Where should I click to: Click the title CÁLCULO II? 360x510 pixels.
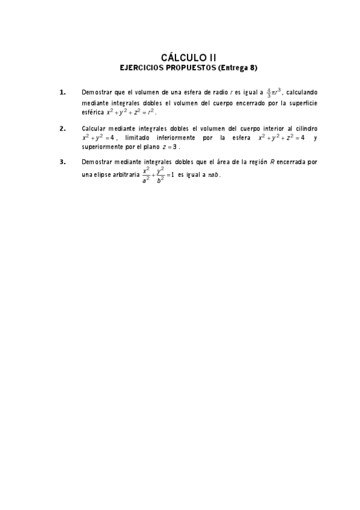180,57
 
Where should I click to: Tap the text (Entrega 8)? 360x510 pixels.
237,68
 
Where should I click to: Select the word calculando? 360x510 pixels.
302,92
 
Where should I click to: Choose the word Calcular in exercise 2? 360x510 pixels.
94,129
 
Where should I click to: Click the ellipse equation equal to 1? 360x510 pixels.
158,174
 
